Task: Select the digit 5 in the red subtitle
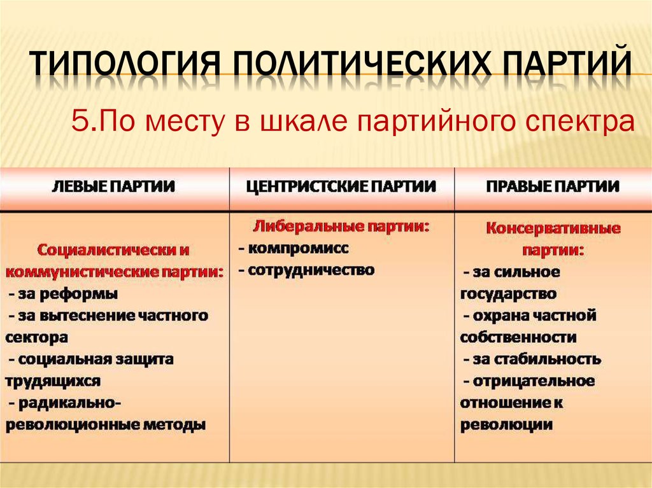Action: click(79, 120)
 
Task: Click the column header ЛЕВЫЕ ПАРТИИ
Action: click(113, 186)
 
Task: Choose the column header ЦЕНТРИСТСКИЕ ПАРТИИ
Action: click(341, 186)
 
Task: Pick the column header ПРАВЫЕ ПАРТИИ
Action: click(553, 186)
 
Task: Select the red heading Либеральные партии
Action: click(341, 227)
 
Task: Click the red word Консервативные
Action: click(553, 228)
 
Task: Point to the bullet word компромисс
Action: click(298, 249)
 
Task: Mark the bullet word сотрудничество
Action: click(311, 270)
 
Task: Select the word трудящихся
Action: click(53, 382)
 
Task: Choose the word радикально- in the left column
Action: click(70, 403)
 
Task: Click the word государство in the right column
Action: click(508, 295)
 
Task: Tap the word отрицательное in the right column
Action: click(534, 381)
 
